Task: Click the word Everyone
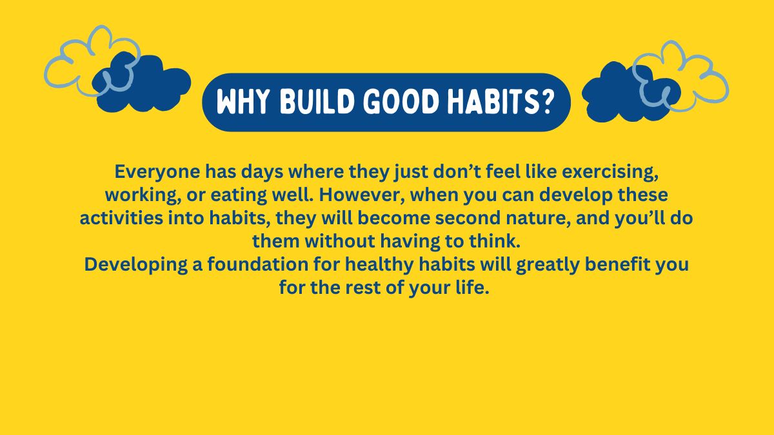(x=157, y=172)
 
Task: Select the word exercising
(x=610, y=172)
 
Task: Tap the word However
(x=362, y=195)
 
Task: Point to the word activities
(x=121, y=218)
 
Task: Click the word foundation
(x=258, y=264)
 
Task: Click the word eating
(x=239, y=196)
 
